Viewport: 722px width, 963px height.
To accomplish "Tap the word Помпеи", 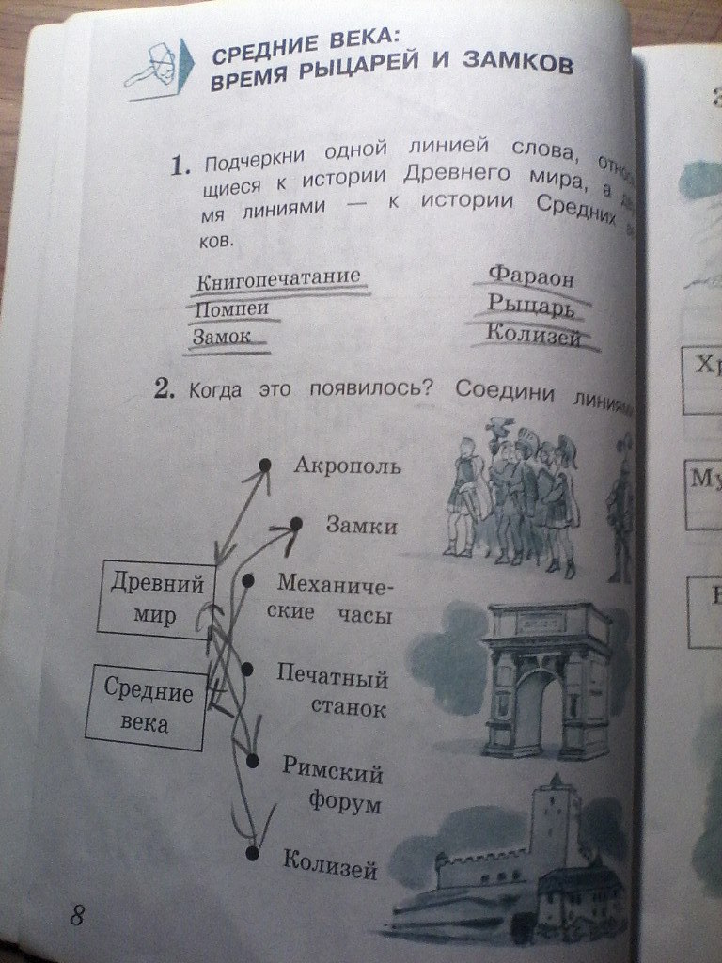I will [x=231, y=308].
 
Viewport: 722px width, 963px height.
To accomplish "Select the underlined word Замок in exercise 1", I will [x=224, y=335].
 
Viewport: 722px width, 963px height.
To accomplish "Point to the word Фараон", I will [x=531, y=276].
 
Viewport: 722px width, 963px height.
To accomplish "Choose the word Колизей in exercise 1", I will [x=534, y=335].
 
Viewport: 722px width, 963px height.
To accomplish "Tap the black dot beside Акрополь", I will [x=265, y=465].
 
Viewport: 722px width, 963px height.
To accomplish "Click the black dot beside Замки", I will [x=296, y=523].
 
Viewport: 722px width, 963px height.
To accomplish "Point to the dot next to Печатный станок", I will [x=248, y=669].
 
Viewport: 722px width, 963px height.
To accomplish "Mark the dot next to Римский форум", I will [x=252, y=759].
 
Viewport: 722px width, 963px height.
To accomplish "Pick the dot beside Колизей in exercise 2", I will [x=251, y=853].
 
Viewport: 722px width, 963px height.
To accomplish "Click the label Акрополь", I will [x=347, y=466].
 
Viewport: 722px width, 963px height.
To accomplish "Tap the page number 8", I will [x=76, y=914].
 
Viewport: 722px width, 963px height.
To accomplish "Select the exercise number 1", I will [x=180, y=167].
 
